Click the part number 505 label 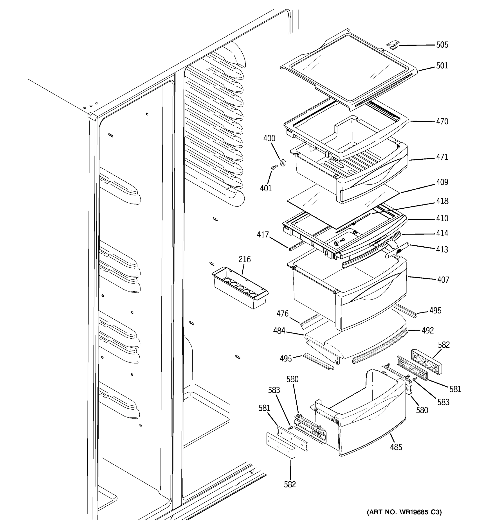click(x=442, y=45)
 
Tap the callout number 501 click(x=442, y=65)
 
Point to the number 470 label click(x=442, y=121)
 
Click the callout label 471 click(x=442, y=157)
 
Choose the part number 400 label click(x=269, y=138)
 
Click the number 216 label click(x=244, y=259)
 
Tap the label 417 click(x=263, y=235)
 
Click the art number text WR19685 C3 click(x=404, y=512)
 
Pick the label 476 click(x=283, y=314)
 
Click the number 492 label click(x=428, y=330)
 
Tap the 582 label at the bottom click(x=290, y=484)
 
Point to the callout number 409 click(x=442, y=182)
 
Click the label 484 click(x=279, y=330)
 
